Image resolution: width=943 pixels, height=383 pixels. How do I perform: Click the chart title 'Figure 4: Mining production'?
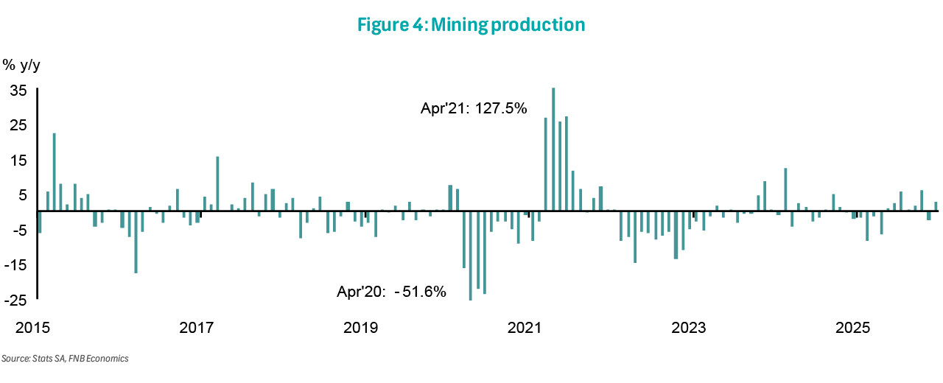pos(471,25)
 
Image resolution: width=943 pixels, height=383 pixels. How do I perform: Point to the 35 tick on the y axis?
pos(18,90)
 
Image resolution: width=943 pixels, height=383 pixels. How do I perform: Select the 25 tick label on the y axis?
pos(18,125)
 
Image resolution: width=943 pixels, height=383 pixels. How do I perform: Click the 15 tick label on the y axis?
pos(18,160)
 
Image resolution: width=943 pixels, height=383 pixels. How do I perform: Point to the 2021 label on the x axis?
pos(525,327)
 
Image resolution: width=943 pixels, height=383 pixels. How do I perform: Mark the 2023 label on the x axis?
pos(690,327)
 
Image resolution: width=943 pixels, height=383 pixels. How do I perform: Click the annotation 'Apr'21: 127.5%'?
pos(474,109)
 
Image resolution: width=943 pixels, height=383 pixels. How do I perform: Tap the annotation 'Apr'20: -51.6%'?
pos(392,292)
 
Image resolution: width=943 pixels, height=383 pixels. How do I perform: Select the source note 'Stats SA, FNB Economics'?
pos(66,359)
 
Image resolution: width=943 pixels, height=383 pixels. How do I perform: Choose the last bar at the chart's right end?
pos(936,206)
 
